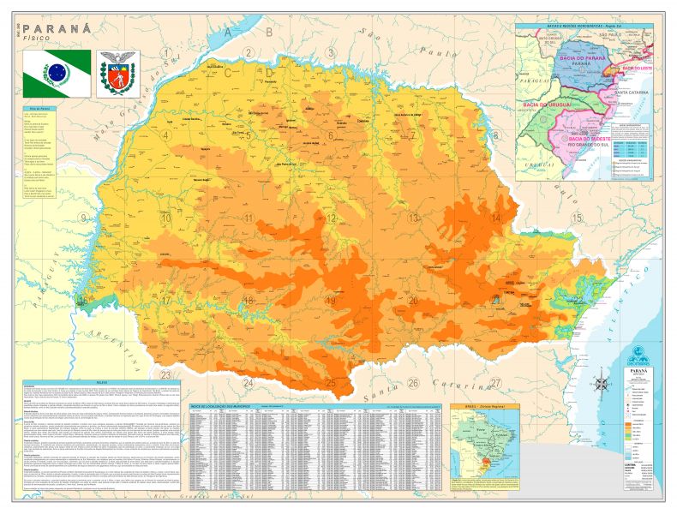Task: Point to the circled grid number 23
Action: pyautogui.click(x=165, y=375)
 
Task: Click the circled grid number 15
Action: pyautogui.click(x=577, y=218)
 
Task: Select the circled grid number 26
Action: pyautogui.click(x=413, y=382)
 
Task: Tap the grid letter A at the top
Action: pyautogui.click(x=228, y=33)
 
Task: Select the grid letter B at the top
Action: pyautogui.click(x=268, y=33)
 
